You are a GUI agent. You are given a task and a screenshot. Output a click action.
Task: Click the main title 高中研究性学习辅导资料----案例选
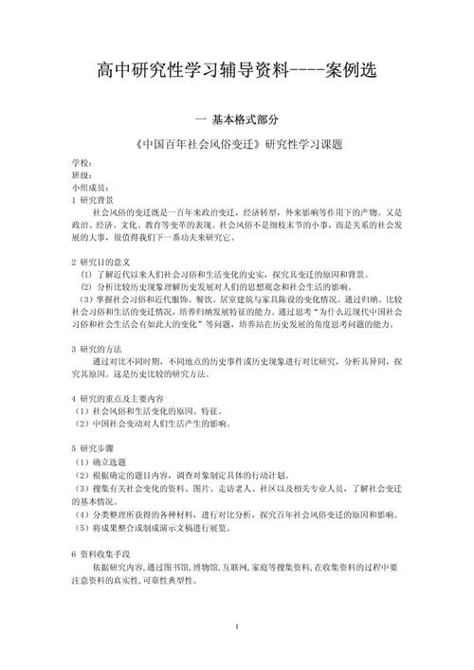tap(236, 71)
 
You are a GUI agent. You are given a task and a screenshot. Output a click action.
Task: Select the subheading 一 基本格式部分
tap(237, 121)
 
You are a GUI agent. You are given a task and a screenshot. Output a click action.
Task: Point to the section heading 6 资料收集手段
tap(100, 552)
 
